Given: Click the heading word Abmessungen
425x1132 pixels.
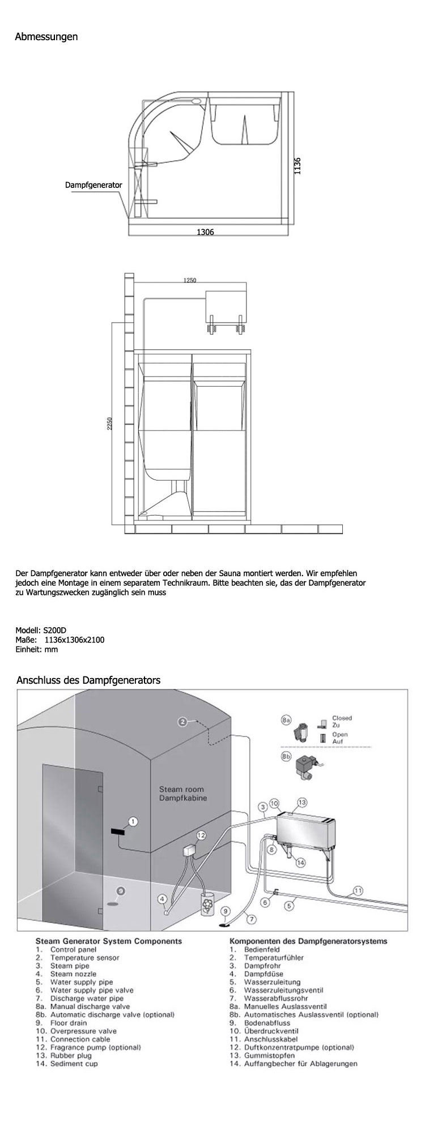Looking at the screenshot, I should (46, 37).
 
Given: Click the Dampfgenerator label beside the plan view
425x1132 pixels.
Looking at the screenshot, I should (93, 185).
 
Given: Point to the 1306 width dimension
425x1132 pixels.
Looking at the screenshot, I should (205, 232).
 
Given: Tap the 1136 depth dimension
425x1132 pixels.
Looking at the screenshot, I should (298, 166).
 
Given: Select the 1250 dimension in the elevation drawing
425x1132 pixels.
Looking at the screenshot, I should (190, 280).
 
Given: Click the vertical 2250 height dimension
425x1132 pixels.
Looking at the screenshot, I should (110, 423).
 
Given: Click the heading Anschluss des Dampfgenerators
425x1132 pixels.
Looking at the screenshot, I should (89, 680).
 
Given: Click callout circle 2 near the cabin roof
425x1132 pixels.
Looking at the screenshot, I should (182, 722).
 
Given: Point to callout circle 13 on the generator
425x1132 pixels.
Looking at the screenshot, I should (301, 802).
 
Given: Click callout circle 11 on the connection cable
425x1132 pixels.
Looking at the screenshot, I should (358, 890).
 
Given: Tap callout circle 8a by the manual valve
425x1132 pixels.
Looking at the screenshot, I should (286, 721).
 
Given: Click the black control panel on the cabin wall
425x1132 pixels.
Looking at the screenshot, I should (118, 831).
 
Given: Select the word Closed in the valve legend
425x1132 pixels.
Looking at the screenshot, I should (342, 718).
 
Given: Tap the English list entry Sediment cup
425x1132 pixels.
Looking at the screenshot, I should (74, 1064).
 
